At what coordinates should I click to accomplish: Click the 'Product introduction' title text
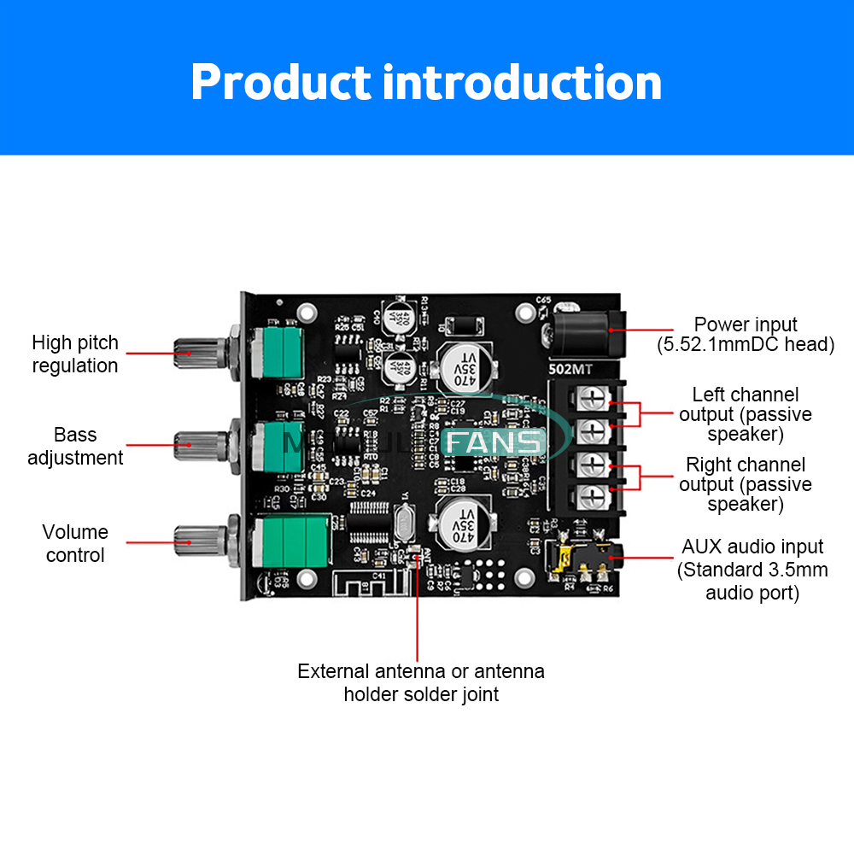426,83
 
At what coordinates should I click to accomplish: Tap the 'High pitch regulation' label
75,354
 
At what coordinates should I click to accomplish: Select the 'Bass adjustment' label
75,446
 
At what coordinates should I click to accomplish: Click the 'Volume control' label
75,543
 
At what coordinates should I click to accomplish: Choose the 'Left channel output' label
746,414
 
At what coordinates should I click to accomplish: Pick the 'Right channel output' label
746,484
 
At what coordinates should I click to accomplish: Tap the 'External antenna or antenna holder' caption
421,682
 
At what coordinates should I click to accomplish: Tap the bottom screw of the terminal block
595,494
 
